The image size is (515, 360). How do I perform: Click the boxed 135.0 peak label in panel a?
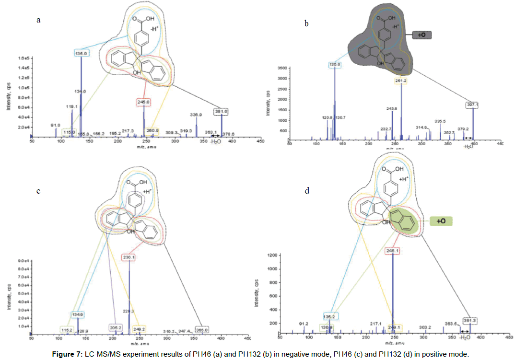81,54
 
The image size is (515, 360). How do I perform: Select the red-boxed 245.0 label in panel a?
143,102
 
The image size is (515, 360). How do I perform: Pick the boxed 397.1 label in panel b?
472,105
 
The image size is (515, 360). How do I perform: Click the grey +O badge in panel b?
421,35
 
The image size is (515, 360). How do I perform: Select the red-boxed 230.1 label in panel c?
129,257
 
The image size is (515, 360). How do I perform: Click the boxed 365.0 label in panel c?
201,330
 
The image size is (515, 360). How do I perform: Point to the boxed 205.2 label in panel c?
116,328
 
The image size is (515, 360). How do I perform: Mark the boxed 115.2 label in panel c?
66,330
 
